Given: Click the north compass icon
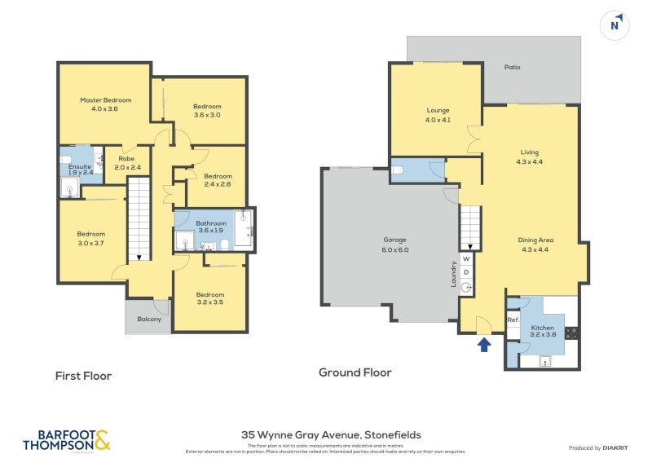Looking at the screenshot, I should (x=615, y=25).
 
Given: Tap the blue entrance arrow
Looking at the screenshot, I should (x=483, y=345).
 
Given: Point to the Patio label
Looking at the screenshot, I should (x=511, y=68).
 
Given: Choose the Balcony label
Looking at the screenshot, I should (x=148, y=319).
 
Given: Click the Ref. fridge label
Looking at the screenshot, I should (x=513, y=320).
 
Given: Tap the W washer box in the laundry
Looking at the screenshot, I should (x=467, y=259).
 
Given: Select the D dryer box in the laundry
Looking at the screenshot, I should (x=467, y=272).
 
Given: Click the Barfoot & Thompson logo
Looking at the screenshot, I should (x=66, y=440).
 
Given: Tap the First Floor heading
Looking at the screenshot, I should (x=83, y=376).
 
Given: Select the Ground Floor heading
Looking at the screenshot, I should (x=355, y=372).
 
